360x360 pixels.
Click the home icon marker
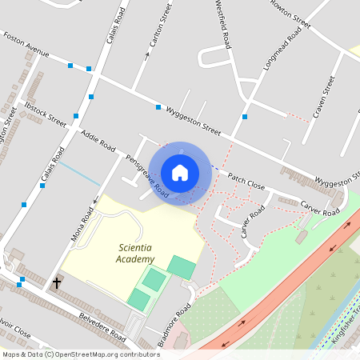tap(180, 172)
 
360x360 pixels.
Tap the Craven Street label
tap(322, 98)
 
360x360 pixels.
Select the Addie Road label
tap(98, 140)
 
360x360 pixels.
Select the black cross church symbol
tap(57, 282)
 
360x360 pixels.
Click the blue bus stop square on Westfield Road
tap(244, 117)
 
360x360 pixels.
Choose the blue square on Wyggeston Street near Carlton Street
tap(158, 107)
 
